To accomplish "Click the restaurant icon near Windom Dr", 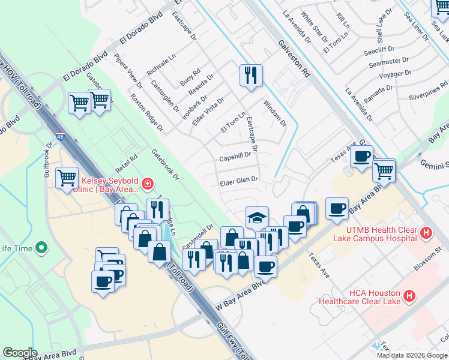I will [x=250, y=75].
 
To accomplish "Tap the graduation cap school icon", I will [x=257, y=217].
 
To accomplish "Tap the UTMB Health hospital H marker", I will [x=426, y=232].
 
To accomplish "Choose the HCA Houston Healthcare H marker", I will [x=409, y=295].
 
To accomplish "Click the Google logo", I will [x=20, y=352].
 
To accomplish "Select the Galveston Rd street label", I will [x=293, y=58].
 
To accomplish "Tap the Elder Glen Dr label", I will [x=239, y=179].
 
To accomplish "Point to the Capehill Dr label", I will [x=235, y=155].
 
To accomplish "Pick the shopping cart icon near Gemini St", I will [x=384, y=170].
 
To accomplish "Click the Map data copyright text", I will [x=412, y=355].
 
